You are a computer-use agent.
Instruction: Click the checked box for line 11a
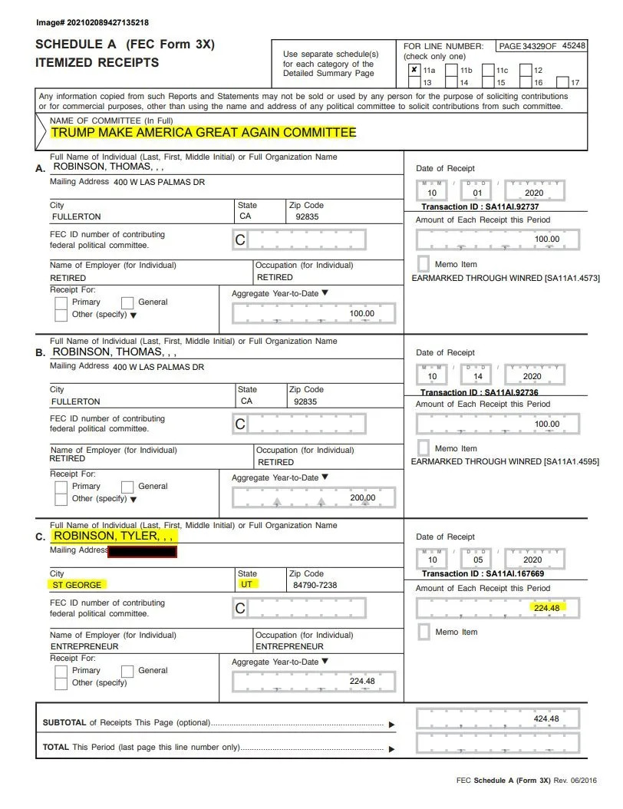point(414,69)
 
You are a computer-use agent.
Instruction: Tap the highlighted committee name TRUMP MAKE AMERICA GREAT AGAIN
point(203,132)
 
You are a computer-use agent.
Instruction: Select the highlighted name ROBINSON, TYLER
point(115,536)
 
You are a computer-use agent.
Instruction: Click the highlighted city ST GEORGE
point(76,585)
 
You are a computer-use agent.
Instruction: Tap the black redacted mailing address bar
point(143,551)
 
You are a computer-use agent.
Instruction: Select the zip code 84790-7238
point(315,585)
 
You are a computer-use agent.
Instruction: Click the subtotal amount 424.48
point(546,718)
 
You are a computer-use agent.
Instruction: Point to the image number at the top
point(92,23)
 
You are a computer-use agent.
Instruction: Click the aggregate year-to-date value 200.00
point(362,497)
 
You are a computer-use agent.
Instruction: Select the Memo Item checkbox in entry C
point(423,632)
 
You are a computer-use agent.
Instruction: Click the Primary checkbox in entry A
point(61,302)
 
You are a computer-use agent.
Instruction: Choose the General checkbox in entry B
point(127,487)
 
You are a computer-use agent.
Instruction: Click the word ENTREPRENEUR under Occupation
point(289,646)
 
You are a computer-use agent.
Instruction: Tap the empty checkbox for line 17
point(562,82)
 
